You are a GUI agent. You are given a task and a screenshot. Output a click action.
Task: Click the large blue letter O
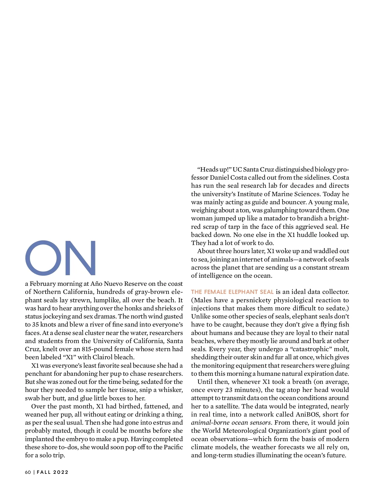pyautogui.click(x=43, y=258)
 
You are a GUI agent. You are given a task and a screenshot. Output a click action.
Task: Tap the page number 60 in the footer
pyautogui.click(x=28, y=472)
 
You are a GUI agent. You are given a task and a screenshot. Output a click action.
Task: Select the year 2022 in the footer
pyautogui.click(x=61, y=472)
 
